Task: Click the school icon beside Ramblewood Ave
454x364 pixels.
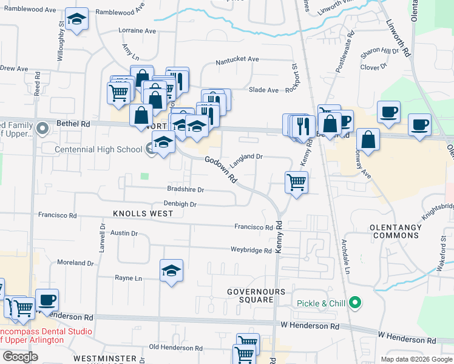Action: pyautogui.click(x=76, y=19)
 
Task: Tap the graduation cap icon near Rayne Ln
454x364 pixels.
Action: pyautogui.click(x=172, y=271)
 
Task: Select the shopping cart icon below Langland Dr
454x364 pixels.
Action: pyautogui.click(x=296, y=182)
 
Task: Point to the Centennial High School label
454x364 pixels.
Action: pyautogui.click(x=98, y=149)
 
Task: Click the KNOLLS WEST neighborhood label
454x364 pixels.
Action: pyautogui.click(x=143, y=214)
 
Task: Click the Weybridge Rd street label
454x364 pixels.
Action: pyautogui.click(x=251, y=250)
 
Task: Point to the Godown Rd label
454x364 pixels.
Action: pyautogui.click(x=220, y=169)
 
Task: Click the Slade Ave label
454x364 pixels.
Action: pyautogui.click(x=263, y=90)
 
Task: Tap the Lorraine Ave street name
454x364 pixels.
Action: pyautogui.click(x=138, y=30)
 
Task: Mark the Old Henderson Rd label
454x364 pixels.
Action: pyautogui.click(x=175, y=348)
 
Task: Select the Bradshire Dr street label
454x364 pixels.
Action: pyautogui.click(x=185, y=189)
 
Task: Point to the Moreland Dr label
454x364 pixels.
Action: pyautogui.click(x=75, y=263)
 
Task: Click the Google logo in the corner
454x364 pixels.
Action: pyautogui.click(x=20, y=357)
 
